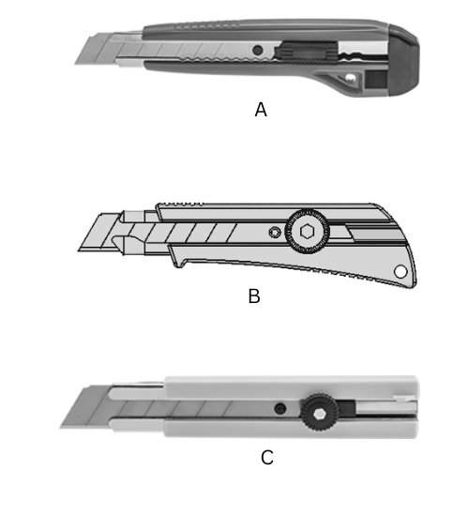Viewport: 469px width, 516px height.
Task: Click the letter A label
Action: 262,109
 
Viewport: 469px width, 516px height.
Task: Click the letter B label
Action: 253,296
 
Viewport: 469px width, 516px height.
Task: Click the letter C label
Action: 267,458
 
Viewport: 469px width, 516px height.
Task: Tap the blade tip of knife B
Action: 79,250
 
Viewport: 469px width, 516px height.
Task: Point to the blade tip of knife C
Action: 63,426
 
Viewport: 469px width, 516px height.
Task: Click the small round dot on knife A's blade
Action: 254,49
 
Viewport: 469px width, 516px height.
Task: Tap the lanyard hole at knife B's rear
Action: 401,272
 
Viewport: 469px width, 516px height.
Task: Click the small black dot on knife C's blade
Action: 279,407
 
